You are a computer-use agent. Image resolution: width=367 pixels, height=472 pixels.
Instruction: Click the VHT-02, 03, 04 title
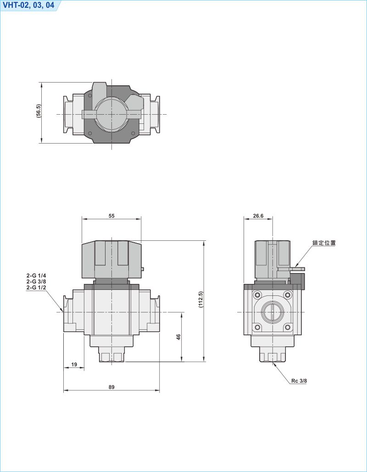pos(28,5)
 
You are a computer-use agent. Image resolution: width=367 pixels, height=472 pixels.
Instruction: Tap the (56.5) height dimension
pos(39,112)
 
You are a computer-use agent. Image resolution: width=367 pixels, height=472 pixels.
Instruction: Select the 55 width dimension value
pos(111,216)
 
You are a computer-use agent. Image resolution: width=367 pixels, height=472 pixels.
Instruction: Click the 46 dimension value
pos(178,337)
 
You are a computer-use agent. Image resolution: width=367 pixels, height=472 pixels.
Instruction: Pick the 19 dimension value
pos(74,365)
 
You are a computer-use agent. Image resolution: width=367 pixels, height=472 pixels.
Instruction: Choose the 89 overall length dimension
pos(111,387)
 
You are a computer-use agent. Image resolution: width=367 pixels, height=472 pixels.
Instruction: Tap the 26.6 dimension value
pos(258,216)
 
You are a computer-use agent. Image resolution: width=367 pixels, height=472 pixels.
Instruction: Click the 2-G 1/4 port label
pos(36,276)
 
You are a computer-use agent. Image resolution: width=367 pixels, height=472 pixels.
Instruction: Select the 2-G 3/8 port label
pos(36,282)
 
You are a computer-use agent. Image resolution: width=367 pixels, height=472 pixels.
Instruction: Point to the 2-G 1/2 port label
pos(36,287)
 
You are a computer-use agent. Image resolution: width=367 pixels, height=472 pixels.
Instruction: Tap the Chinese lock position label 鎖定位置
pos(324,243)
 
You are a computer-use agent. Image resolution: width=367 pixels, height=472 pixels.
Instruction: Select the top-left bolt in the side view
pos(257,294)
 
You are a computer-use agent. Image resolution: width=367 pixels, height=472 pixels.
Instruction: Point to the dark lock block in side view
pos(298,280)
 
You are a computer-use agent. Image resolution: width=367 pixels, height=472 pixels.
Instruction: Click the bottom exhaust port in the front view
pos(111,356)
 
